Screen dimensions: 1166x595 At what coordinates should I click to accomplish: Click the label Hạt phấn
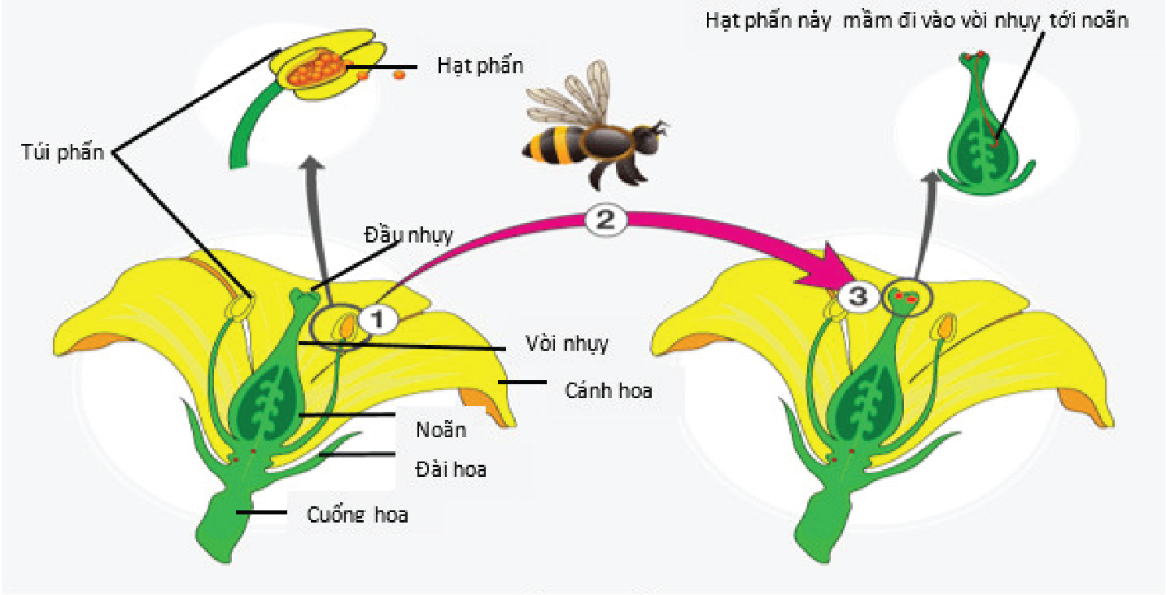[x=480, y=67]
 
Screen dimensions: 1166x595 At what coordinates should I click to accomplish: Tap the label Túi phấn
[x=63, y=152]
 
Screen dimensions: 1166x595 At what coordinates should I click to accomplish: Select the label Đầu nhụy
[x=408, y=235]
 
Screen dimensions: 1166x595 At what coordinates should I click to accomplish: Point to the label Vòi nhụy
[x=567, y=343]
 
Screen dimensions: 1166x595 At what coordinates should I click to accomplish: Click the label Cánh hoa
[x=608, y=391]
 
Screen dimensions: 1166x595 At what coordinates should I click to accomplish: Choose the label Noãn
[x=441, y=430]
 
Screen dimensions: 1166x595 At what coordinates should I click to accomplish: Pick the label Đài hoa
[x=451, y=470]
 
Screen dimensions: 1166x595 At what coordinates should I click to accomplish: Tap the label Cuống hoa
[x=357, y=515]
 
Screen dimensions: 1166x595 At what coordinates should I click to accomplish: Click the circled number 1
[x=378, y=319]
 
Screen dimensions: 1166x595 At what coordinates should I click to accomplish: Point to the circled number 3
[x=858, y=297]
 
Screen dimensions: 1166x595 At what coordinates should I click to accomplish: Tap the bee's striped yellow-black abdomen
[x=552, y=144]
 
